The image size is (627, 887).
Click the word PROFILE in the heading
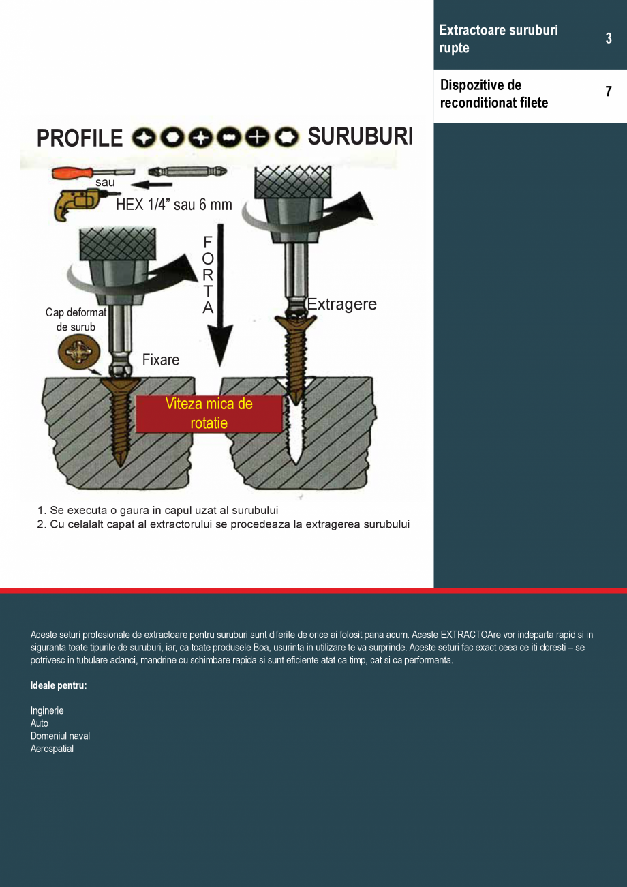(80, 138)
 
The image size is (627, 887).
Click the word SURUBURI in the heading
(360, 137)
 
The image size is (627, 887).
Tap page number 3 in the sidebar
(609, 39)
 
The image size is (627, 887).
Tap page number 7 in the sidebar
(609, 92)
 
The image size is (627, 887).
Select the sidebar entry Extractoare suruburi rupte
(498, 39)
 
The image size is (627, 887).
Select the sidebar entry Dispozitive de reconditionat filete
(493, 94)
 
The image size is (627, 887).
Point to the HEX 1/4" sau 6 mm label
(174, 205)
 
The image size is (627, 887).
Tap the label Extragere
(342, 304)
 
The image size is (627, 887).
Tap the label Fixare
(161, 360)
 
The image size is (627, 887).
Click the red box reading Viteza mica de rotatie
(209, 413)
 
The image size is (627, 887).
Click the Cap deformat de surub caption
(76, 320)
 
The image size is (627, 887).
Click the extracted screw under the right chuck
(297, 361)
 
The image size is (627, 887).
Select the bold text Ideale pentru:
(59, 685)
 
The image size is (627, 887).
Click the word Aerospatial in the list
(52, 749)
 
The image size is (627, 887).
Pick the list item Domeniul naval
(60, 736)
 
